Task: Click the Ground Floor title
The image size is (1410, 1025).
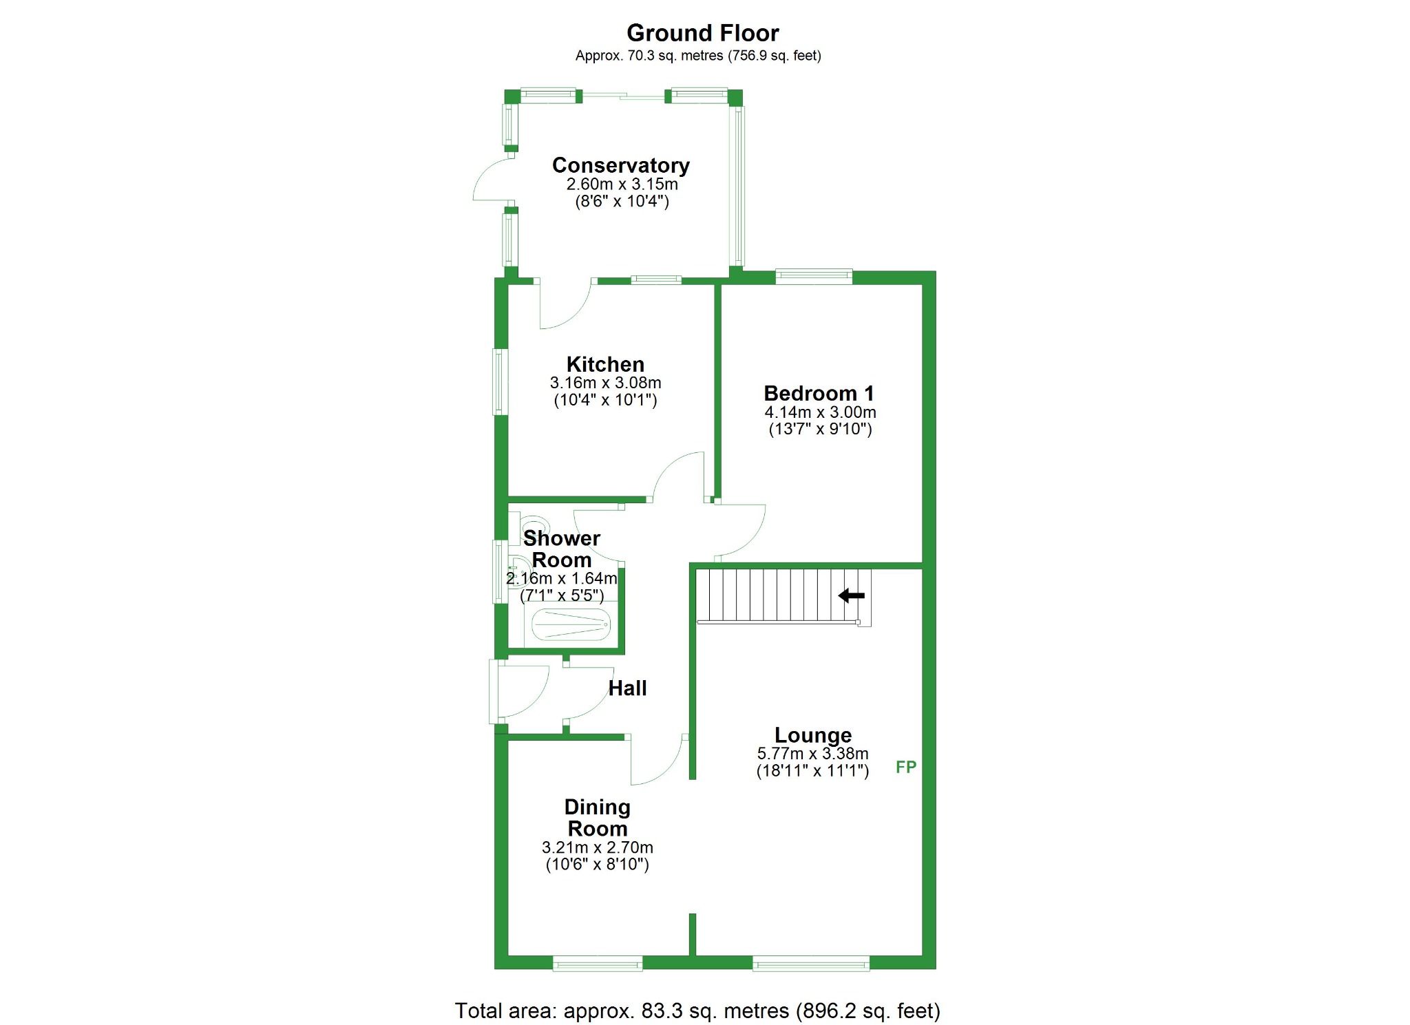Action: (x=702, y=33)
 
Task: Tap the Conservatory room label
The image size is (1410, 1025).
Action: (x=620, y=165)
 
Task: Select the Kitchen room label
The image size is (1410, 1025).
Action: (x=605, y=364)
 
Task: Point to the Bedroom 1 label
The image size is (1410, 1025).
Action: (x=819, y=393)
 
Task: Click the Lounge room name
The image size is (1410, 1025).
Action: (x=813, y=735)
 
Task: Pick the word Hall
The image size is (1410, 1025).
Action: (x=627, y=688)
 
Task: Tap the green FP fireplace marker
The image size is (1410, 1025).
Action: (x=906, y=767)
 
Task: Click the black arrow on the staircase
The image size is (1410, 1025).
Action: (x=851, y=595)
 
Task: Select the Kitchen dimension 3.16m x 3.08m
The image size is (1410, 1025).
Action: (x=605, y=383)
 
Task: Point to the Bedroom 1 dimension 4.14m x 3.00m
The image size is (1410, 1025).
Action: (x=820, y=412)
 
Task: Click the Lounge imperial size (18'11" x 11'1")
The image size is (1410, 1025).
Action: (x=812, y=771)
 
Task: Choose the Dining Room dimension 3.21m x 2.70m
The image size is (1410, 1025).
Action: (x=597, y=847)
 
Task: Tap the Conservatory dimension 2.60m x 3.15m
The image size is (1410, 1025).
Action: (x=622, y=184)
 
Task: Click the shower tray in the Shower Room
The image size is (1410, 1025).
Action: (x=571, y=625)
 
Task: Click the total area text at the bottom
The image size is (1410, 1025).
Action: (x=697, y=1011)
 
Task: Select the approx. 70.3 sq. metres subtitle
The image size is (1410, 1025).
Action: (x=698, y=56)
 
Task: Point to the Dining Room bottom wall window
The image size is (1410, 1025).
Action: (x=598, y=964)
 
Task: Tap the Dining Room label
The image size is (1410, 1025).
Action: (x=597, y=818)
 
